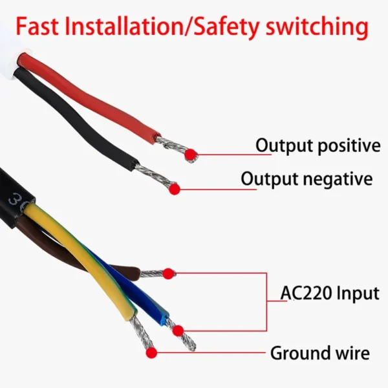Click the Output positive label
tap(318, 145)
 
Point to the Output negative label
tap(307, 178)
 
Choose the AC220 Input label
tap(330, 293)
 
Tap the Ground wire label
tap(319, 354)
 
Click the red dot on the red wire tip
tap(191, 154)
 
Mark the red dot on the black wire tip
tap(173, 188)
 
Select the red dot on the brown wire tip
tap(169, 274)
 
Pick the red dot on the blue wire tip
tap(178, 330)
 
